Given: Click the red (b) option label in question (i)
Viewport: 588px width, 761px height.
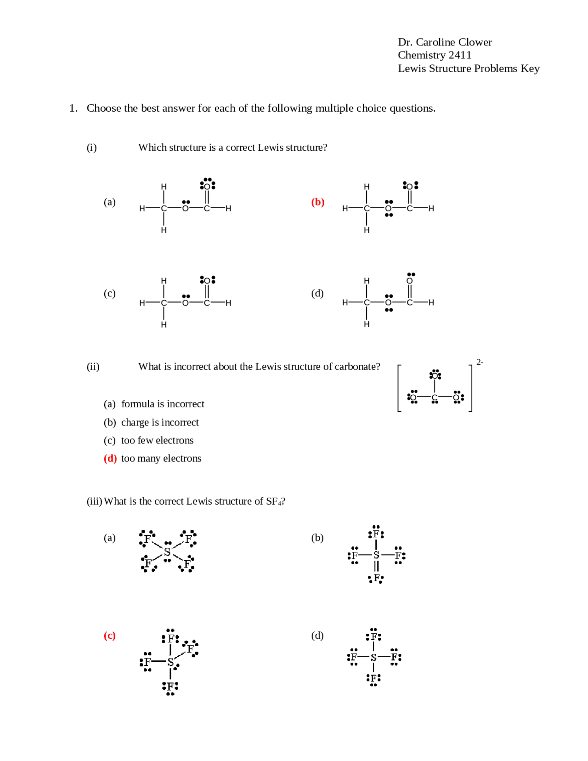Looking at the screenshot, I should pos(317,202).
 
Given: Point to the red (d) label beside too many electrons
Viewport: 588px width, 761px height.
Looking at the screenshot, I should pos(110,458).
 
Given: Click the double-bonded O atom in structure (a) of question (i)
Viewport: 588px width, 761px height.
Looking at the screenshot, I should pos(207,186).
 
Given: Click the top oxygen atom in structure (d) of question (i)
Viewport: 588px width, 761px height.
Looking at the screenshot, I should pos(409,281).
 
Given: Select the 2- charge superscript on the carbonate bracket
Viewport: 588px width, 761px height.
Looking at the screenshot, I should pos(479,362).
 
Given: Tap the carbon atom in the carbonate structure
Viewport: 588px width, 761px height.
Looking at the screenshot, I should pos(435,397).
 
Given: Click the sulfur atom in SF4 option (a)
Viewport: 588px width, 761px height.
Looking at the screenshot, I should pos(167,551).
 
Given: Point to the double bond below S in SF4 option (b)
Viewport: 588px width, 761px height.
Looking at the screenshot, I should pos(376,566).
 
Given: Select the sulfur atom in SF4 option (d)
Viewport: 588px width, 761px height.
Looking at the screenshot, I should pos(373,658).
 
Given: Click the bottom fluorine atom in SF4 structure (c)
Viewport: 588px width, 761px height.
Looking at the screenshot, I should pos(170,687).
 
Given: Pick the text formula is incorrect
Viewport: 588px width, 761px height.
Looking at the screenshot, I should pos(163,404).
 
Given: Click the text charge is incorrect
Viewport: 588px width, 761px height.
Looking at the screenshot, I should pos(160,422).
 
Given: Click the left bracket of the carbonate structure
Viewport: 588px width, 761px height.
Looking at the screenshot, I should pos(399,388).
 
